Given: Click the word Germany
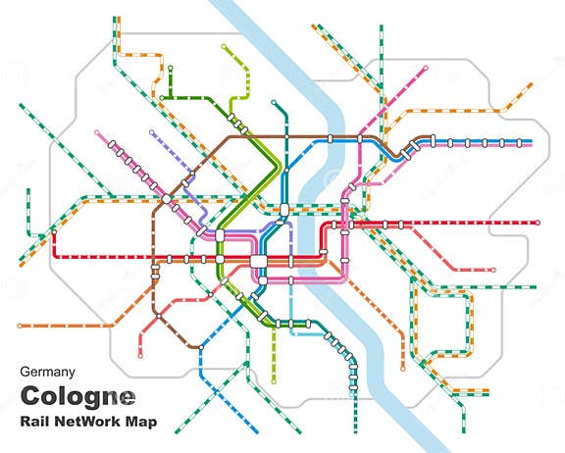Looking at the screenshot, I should tap(48, 372).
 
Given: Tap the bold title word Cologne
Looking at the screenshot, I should tap(77, 397).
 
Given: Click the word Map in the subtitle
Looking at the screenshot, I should tap(155, 423).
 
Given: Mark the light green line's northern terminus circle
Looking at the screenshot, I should tap(225, 45).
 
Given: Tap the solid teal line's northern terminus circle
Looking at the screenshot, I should tap(274, 102).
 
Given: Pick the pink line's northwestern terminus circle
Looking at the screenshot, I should tap(96, 132).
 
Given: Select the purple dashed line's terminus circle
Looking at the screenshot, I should tap(151, 132).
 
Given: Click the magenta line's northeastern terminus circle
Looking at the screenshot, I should tap(426, 68).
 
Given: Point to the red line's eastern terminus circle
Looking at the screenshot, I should tap(539, 224).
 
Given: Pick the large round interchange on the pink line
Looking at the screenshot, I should tap(167, 198).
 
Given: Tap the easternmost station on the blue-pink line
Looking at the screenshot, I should tap(517, 142).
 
